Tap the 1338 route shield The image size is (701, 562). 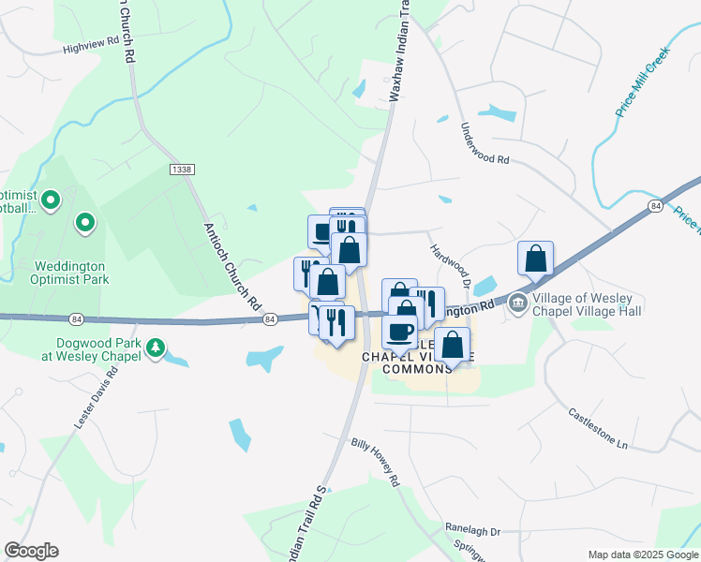tap(182, 169)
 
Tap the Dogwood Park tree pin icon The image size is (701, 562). tap(157, 349)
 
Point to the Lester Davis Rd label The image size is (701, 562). tap(97, 398)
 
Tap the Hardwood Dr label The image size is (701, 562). tap(450, 264)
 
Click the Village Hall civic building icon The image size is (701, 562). tap(517, 303)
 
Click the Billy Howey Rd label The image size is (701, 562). tap(376, 462)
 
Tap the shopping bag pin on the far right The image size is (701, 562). tap(535, 259)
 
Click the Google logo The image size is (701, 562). tap(31, 551)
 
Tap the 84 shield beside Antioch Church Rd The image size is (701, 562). tap(270, 320)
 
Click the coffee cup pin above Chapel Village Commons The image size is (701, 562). tap(399, 332)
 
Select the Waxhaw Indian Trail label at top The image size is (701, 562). tap(396, 52)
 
